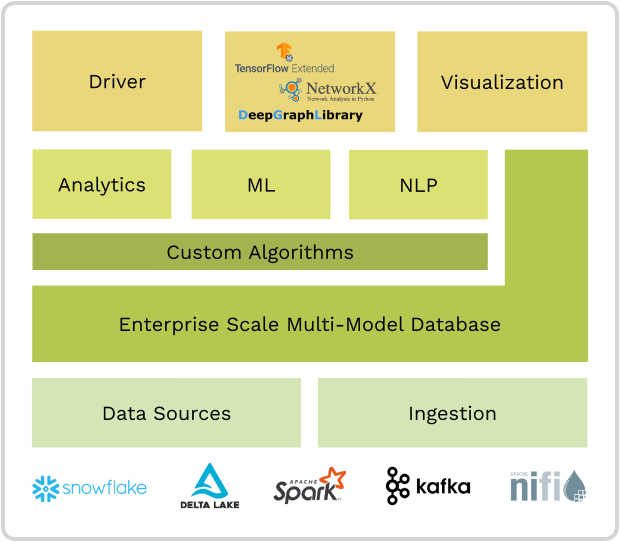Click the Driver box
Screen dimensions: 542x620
[x=117, y=81]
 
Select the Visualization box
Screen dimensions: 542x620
[x=502, y=81]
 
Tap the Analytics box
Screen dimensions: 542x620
[x=101, y=185]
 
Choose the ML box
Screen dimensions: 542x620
[x=260, y=185]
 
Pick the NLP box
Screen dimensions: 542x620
[x=418, y=185]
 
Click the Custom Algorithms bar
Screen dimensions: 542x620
[x=260, y=252]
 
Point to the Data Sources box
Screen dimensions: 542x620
[x=166, y=413]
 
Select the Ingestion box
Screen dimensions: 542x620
[x=452, y=413]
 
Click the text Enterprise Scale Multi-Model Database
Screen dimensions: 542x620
[x=310, y=324]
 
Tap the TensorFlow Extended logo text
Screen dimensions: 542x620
[x=284, y=67]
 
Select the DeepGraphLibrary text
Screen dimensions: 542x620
[x=300, y=116]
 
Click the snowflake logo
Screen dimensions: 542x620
[x=89, y=488]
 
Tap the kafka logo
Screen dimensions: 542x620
[x=428, y=487]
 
